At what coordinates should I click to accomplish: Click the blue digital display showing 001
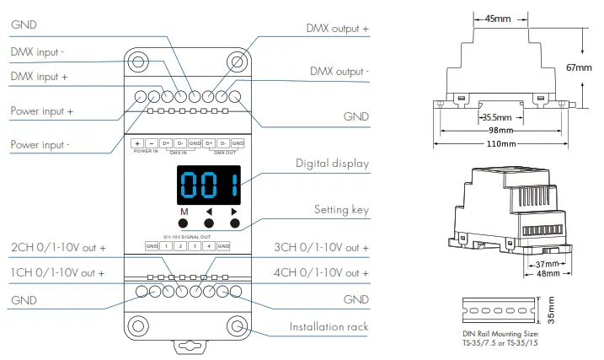207,185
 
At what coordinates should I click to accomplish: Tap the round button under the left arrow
209,223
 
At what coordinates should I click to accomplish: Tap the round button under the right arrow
234,223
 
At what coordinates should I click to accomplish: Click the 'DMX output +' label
337,29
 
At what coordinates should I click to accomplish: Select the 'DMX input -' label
38,51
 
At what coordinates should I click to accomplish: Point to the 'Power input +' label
41,110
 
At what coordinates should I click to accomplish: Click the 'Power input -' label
40,145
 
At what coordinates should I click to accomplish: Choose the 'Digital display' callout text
332,164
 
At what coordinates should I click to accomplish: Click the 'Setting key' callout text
341,209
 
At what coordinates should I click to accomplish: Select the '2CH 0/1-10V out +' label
58,248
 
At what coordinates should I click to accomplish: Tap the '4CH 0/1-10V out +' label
322,272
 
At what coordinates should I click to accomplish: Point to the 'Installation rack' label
329,326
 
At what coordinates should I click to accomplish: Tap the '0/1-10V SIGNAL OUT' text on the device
187,237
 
